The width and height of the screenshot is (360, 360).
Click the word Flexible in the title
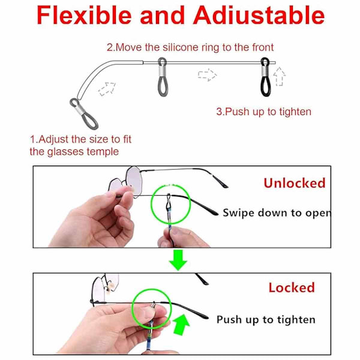click(x=84, y=15)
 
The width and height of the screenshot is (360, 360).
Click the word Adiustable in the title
click(x=259, y=15)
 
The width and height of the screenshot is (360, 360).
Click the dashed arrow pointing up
click(x=280, y=76)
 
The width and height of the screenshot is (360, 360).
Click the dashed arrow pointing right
click(x=208, y=74)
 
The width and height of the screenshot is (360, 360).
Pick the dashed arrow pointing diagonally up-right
click(x=107, y=89)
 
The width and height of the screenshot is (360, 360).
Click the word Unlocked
click(x=295, y=183)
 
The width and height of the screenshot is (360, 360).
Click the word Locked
click(x=292, y=287)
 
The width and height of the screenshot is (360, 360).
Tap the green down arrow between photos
click(x=178, y=260)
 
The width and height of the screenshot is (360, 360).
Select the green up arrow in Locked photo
click(x=181, y=325)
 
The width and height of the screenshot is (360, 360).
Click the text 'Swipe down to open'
click(x=277, y=213)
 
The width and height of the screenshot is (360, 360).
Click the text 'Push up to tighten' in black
click(x=266, y=320)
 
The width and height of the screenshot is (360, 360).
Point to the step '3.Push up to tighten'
click(x=264, y=112)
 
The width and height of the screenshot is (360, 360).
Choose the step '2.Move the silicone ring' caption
click(x=190, y=47)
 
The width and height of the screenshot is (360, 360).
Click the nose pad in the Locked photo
click(x=112, y=287)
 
